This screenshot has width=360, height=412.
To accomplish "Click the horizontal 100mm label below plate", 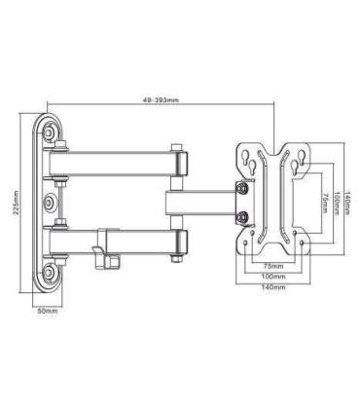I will coord(272,276).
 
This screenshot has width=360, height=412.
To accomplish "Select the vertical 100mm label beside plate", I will coord(336,203).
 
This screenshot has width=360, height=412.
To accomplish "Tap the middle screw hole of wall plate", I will coord(49,203).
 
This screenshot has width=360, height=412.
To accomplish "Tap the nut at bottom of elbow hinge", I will coord(179,256).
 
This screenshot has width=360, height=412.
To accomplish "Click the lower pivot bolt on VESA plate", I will coord(244,216).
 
